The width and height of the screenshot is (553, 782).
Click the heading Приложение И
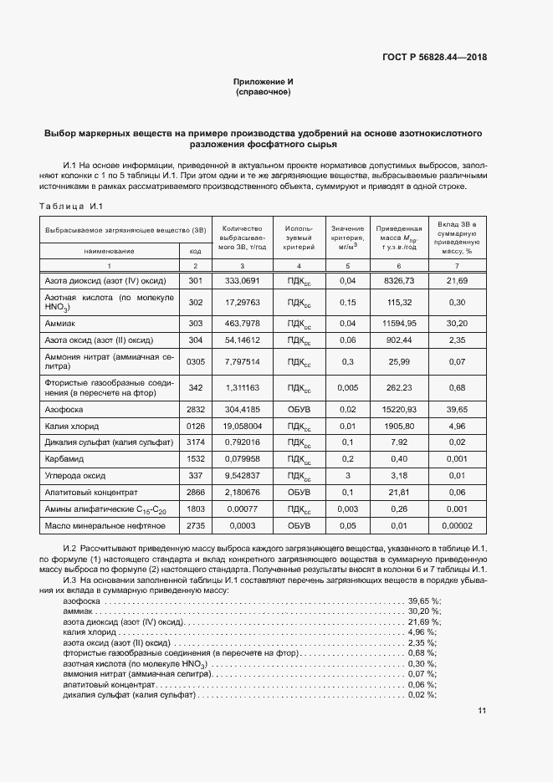click(263, 81)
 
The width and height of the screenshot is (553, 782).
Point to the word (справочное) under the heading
click(263, 92)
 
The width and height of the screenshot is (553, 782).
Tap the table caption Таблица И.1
click(70, 207)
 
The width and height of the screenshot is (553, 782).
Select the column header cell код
click(194, 250)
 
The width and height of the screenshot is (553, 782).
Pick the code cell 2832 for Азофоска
click(194, 410)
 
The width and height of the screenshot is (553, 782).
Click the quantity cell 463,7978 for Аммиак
click(243, 322)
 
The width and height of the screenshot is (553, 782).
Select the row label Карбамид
click(64, 459)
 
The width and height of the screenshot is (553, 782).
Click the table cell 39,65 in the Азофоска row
click(457, 410)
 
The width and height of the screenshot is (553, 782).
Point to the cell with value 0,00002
click(457, 525)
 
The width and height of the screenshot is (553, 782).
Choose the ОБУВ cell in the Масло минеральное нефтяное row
click(299, 525)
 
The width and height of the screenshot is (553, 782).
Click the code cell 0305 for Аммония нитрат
click(194, 360)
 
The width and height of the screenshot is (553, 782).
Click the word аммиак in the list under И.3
click(78, 612)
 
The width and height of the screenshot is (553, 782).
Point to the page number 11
click(481, 711)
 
